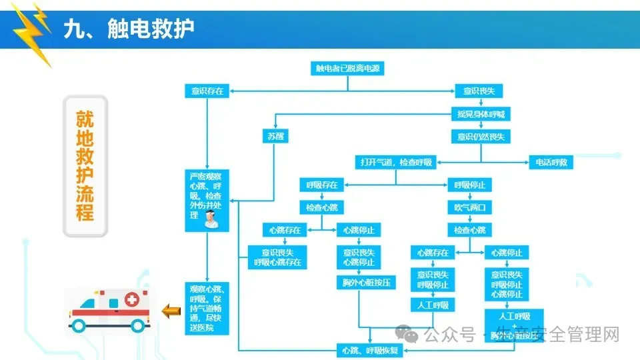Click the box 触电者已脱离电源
pyautogui.click(x=349, y=68)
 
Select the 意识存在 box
pyautogui.click(x=207, y=91)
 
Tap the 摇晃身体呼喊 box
pyautogui.click(x=480, y=114)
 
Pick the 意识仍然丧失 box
pyautogui.click(x=480, y=137)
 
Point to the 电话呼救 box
pyautogui.click(x=551, y=162)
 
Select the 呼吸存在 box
pyautogui.click(x=322, y=185)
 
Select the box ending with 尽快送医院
pyautogui.click(x=207, y=309)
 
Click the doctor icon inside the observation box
pyautogui.click(x=211, y=219)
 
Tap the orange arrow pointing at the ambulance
pyautogui.click(x=172, y=309)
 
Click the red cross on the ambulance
pyautogui.click(x=132, y=298)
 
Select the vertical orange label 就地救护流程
pyautogui.click(x=85, y=166)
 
